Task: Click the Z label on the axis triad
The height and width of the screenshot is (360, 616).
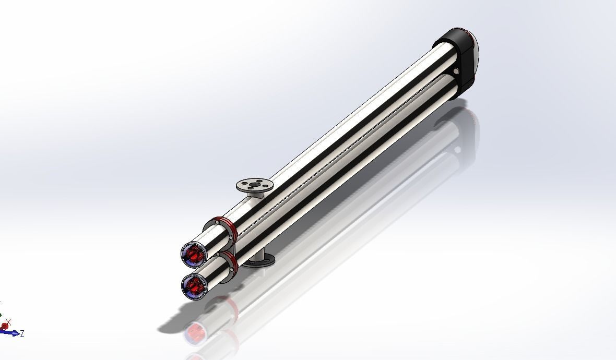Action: point(22,333)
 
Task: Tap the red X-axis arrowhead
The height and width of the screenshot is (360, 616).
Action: point(5,326)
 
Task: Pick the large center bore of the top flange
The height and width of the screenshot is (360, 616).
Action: point(254,184)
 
